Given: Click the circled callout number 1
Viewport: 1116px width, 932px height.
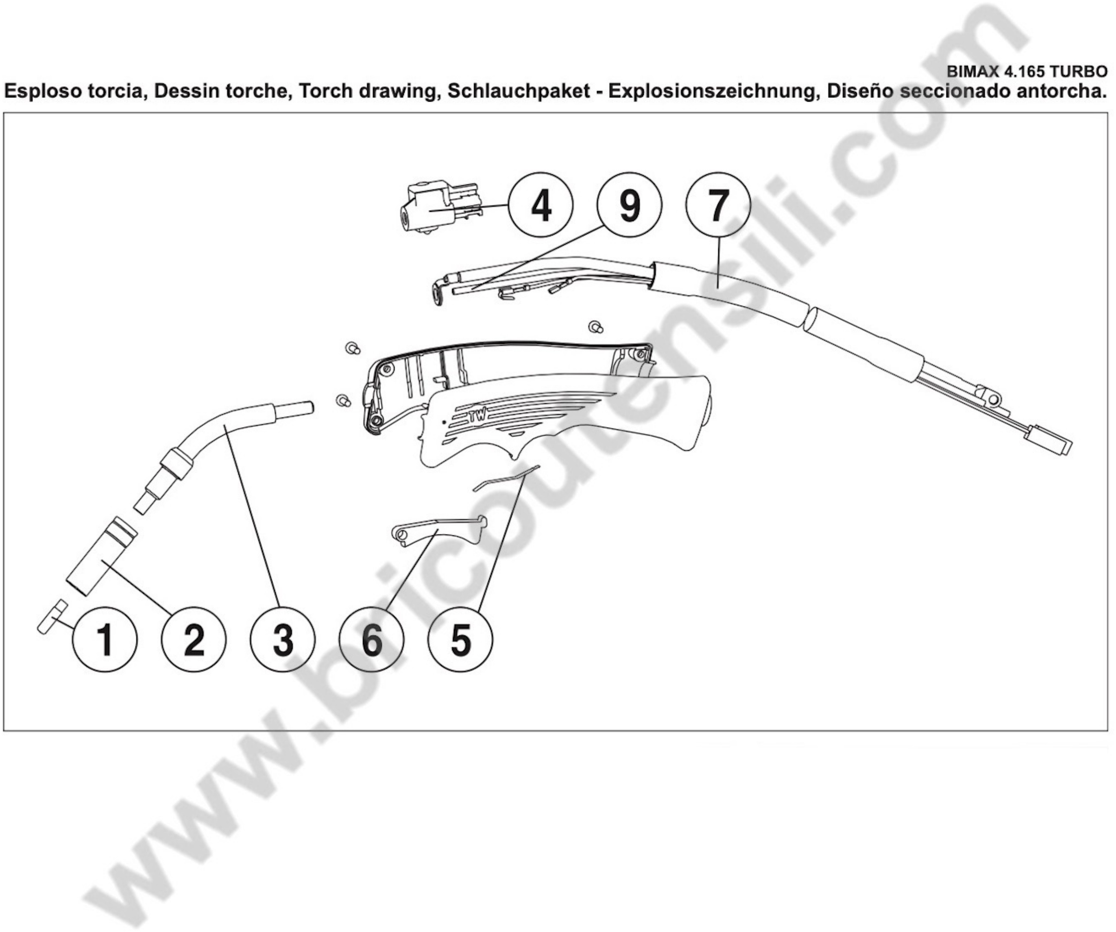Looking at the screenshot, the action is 105,639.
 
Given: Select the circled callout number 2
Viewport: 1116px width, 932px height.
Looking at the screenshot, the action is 194,639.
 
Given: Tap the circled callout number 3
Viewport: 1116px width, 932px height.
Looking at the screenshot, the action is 283,639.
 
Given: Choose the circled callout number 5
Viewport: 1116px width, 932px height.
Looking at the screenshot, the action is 460,639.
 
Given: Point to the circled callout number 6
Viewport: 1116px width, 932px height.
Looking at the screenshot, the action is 371,639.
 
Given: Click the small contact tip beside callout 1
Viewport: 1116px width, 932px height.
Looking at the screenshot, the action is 52,617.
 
